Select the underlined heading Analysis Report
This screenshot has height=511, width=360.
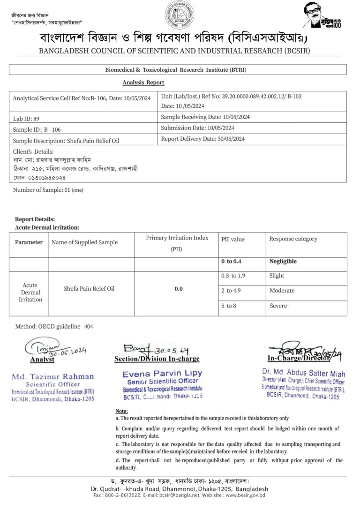point(143,83)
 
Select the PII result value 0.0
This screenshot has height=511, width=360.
point(179,289)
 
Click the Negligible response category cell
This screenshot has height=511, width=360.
point(283,262)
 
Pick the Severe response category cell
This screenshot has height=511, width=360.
point(278,306)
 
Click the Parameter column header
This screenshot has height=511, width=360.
point(29,242)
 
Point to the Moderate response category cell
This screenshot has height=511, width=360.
point(282,291)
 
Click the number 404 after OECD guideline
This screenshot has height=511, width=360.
point(89,326)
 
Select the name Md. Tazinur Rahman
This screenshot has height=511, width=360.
point(53,376)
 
